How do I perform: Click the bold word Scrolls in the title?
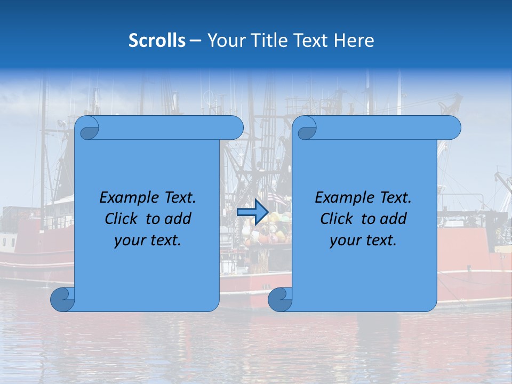[157, 41]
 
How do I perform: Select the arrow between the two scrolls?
[252, 212]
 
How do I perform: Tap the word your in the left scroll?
[129, 241]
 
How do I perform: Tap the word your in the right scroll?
[345, 241]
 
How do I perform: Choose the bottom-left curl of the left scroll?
[63, 299]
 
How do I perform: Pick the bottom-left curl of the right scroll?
[279, 299]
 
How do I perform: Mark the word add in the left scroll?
[178, 219]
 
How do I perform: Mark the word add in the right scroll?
[393, 219]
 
